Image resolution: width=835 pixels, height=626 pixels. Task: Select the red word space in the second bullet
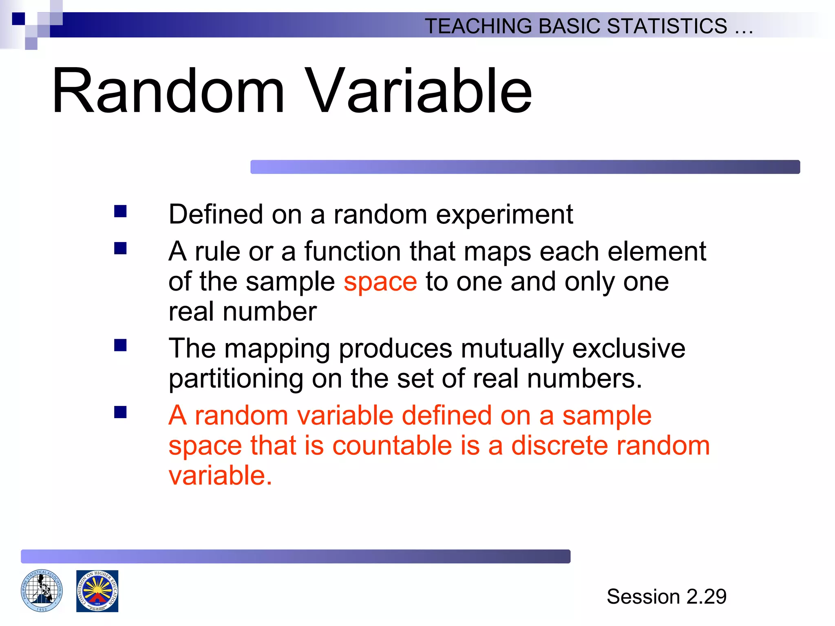click(380, 282)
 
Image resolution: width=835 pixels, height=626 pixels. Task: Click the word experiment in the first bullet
click(504, 215)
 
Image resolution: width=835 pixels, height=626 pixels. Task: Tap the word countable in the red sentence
click(392, 445)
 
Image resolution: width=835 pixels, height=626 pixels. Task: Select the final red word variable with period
click(220, 475)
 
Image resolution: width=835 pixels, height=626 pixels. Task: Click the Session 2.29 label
click(666, 597)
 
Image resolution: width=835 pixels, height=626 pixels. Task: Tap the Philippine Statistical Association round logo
click(42, 591)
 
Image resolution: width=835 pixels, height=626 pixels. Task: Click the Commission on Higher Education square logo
click(97, 591)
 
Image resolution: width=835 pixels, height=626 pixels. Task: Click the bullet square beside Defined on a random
click(120, 211)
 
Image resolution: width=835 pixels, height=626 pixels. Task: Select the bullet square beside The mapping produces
click(120, 345)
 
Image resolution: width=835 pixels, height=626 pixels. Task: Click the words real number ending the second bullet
click(243, 312)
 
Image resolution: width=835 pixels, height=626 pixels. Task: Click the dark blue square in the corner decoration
click(18, 19)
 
